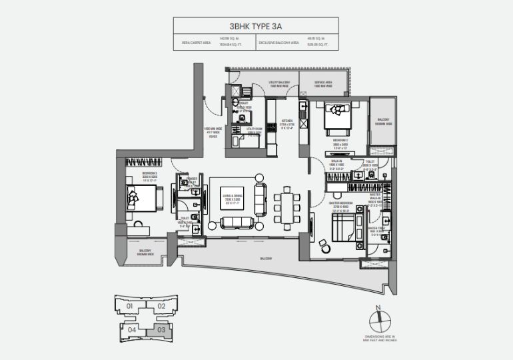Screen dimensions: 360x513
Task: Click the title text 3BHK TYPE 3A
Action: (x=256, y=27)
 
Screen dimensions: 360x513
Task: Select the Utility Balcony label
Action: (x=278, y=85)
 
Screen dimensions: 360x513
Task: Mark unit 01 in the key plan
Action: (x=131, y=306)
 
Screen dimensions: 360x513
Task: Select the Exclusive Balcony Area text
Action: (x=279, y=44)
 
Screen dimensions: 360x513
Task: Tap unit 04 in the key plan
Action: (x=132, y=329)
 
